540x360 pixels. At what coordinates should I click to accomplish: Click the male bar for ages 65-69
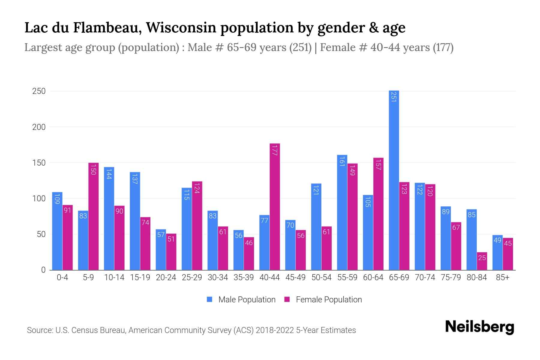click(x=394, y=180)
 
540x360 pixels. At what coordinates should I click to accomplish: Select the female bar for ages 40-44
click(x=275, y=207)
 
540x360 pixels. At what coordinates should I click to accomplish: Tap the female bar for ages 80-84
click(x=482, y=261)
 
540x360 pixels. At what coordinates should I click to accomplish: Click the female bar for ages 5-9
click(x=93, y=216)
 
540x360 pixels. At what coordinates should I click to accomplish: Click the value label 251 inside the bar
click(x=394, y=97)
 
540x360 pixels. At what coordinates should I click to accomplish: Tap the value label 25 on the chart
click(x=482, y=258)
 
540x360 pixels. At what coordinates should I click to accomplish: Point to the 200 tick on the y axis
click(x=39, y=127)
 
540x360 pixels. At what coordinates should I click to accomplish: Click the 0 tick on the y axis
click(x=43, y=270)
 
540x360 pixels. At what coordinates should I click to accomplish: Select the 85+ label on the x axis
click(x=502, y=277)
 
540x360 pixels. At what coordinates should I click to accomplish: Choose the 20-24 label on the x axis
click(x=166, y=277)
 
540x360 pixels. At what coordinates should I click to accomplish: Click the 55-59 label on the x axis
click(x=347, y=277)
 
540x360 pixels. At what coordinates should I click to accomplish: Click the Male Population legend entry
click(x=247, y=300)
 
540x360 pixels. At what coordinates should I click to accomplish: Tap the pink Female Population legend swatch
click(x=287, y=299)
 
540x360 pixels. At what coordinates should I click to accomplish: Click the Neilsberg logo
click(x=479, y=327)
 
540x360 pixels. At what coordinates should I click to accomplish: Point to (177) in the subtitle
click(x=443, y=47)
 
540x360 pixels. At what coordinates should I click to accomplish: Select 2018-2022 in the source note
click(x=274, y=330)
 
